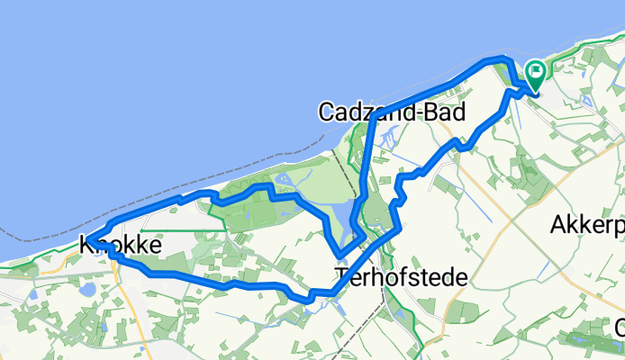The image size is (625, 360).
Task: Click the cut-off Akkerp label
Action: tap(585, 225)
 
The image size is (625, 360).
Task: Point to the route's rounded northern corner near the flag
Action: tap(504, 61)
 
